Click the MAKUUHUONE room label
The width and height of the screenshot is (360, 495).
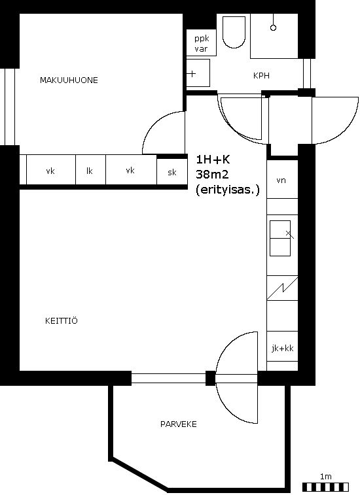click(x=69, y=80)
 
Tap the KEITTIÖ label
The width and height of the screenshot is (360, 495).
click(x=62, y=321)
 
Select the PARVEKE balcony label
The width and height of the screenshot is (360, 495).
click(x=178, y=424)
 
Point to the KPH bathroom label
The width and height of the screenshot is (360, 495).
click(x=261, y=75)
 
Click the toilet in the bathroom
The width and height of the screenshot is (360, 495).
click(x=234, y=32)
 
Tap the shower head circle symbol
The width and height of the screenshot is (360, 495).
click(x=274, y=27)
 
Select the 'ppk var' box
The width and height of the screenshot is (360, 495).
click(x=202, y=43)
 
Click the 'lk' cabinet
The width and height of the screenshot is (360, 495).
click(x=90, y=170)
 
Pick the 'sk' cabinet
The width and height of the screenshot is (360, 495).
click(x=172, y=172)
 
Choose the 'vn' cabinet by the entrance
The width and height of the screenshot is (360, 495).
click(x=282, y=179)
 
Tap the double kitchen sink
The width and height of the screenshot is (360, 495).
click(x=280, y=238)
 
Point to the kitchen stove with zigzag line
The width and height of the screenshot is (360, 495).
click(x=282, y=288)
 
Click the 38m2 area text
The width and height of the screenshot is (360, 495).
click(x=212, y=174)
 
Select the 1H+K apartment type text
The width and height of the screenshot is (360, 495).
click(x=213, y=160)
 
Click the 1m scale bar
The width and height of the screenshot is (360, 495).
click(x=325, y=486)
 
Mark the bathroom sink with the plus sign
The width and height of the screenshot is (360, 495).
click(x=198, y=73)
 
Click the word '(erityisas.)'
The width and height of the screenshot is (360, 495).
click(x=228, y=190)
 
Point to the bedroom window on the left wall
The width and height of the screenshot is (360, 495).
click(x=9, y=107)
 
